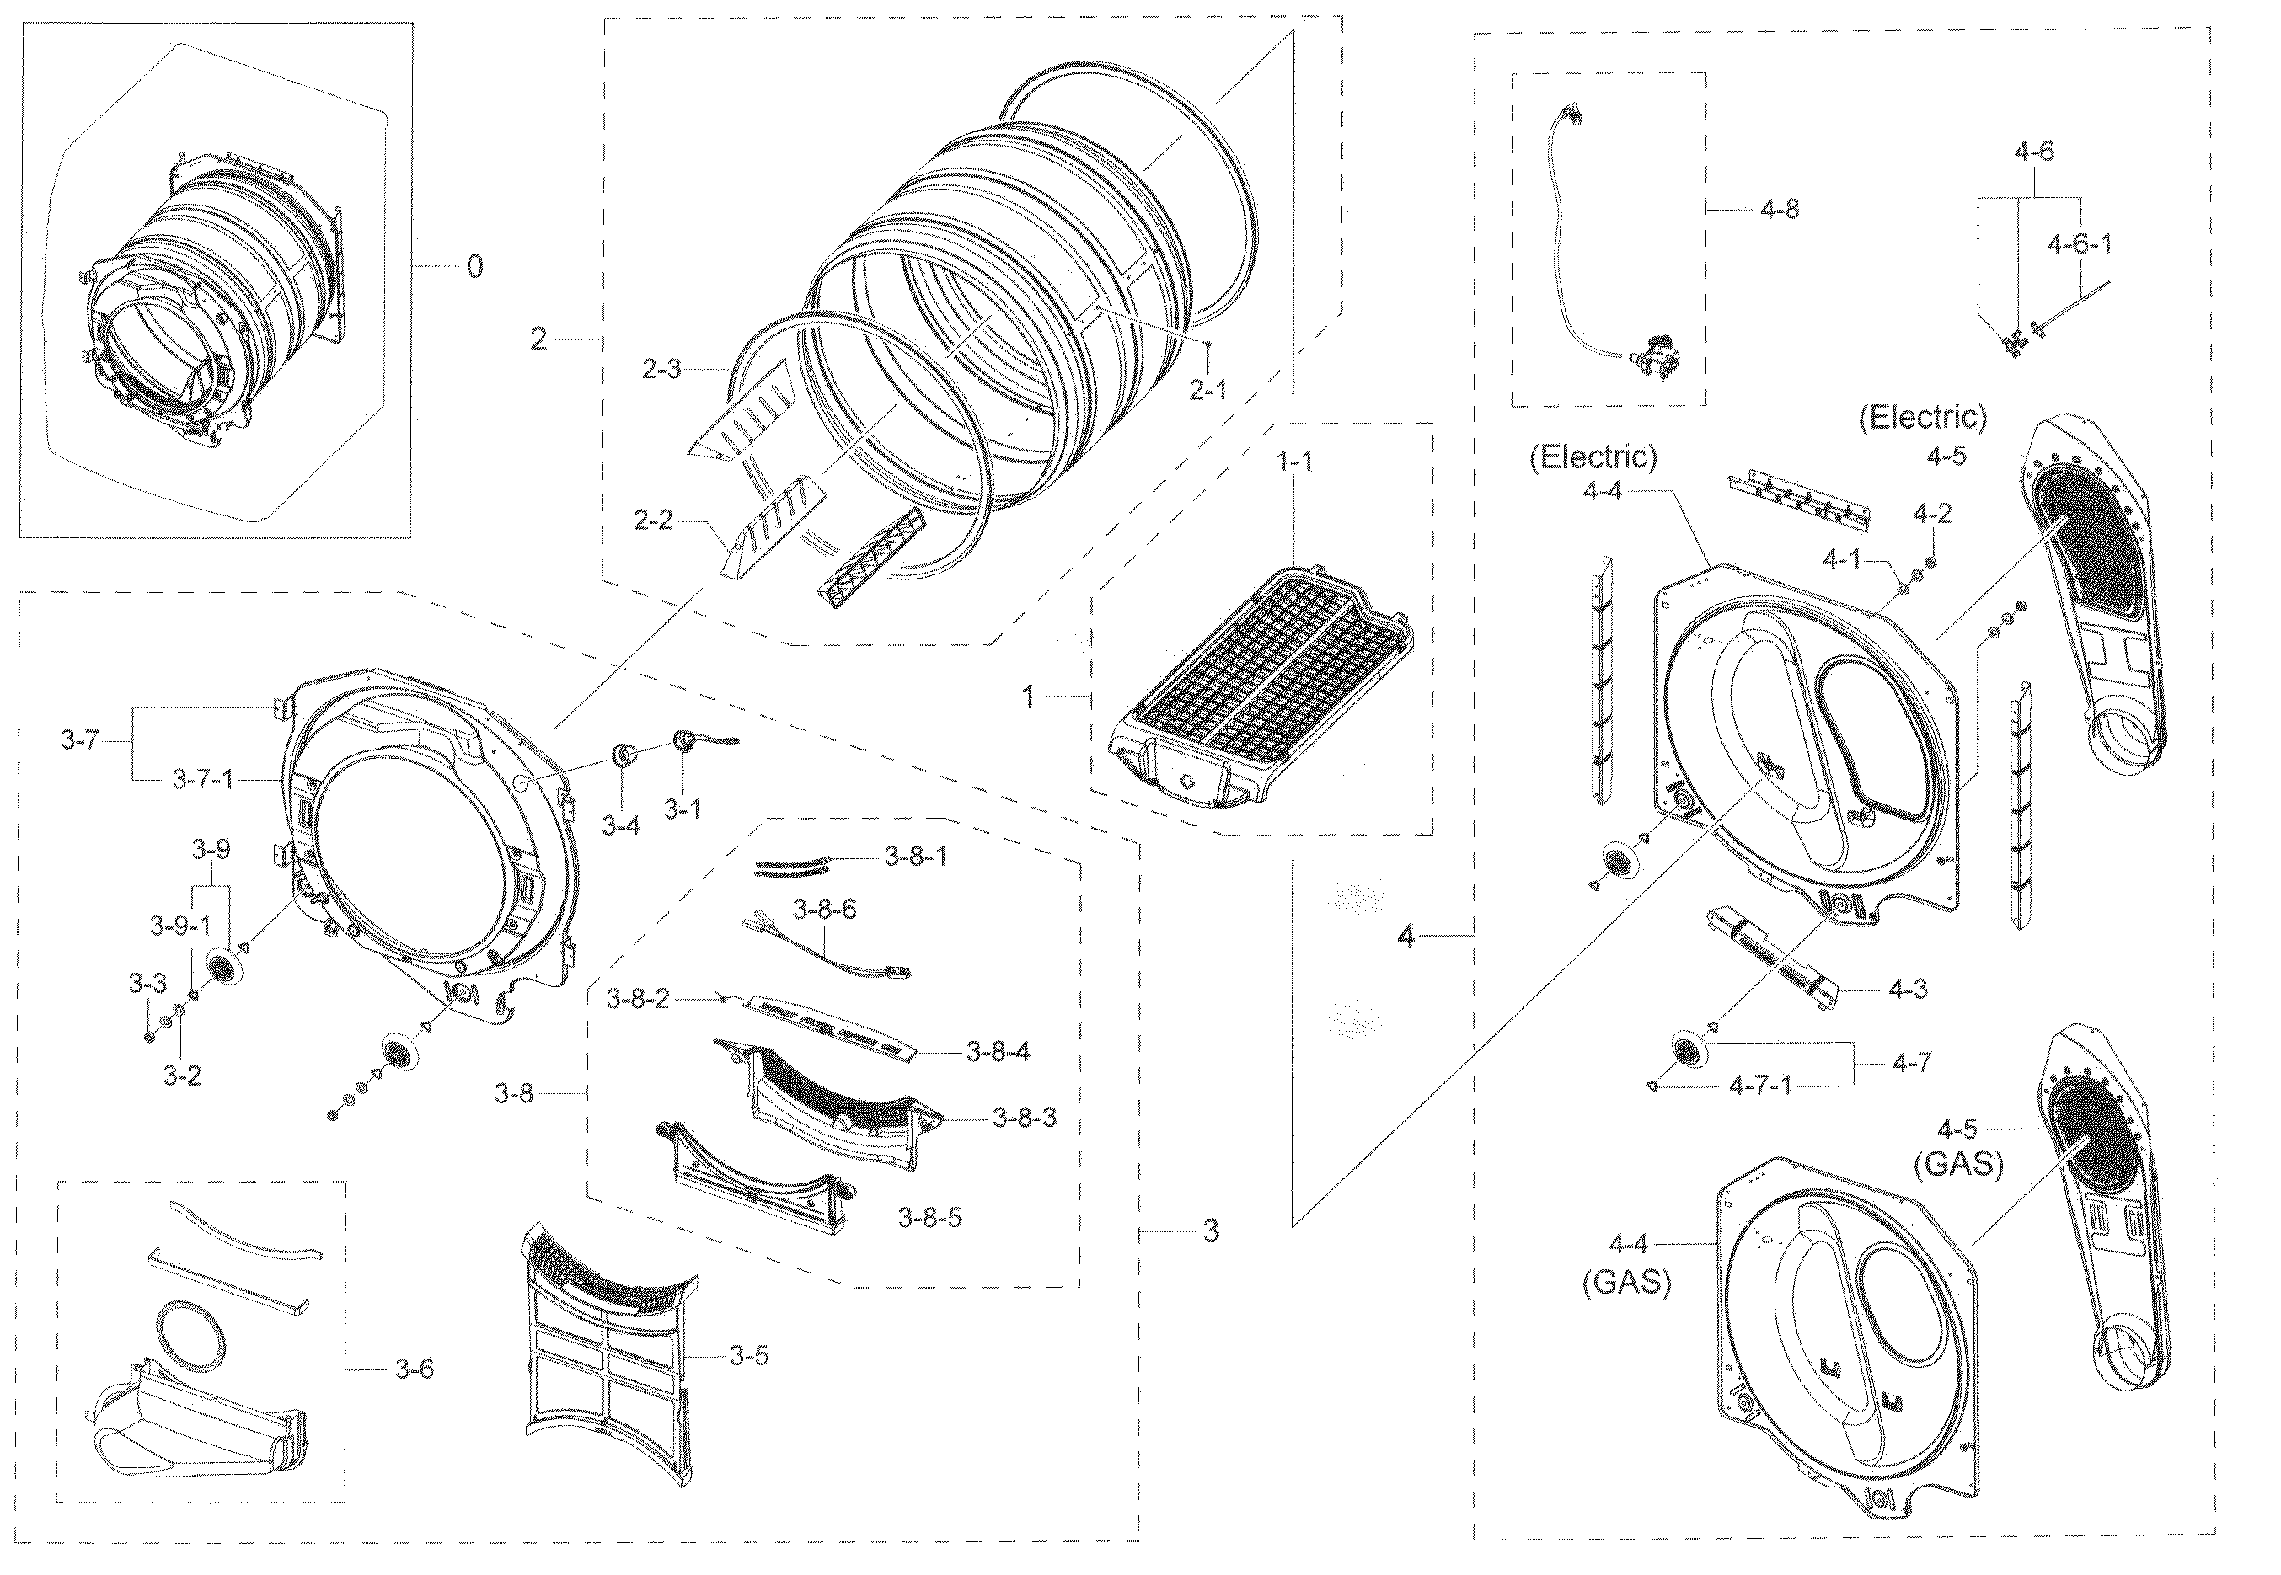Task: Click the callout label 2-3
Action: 661,370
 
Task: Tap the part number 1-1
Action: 1295,461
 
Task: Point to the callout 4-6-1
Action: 2080,243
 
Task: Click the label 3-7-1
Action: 203,780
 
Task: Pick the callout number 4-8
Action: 1780,209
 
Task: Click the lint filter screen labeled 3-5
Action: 607,1352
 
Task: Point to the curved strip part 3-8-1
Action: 790,867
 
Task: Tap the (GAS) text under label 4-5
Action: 1959,1165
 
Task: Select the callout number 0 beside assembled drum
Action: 474,265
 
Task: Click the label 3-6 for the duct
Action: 415,1369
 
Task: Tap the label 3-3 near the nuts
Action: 147,983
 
